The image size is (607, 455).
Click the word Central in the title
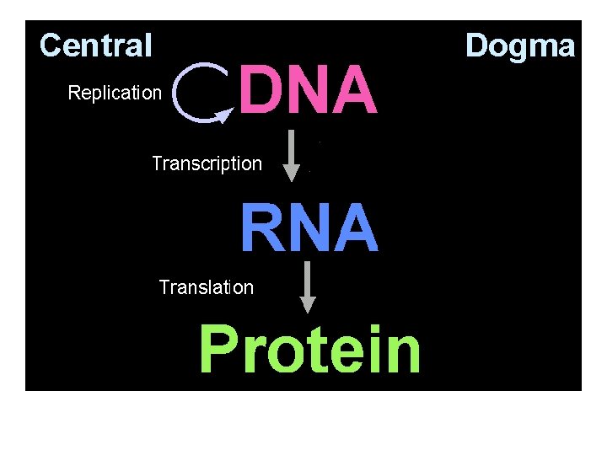pyautogui.click(x=95, y=45)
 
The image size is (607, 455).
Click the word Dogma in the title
pyautogui.click(x=520, y=45)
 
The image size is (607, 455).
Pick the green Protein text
pyautogui.click(x=309, y=350)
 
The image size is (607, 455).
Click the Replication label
pyautogui.click(x=114, y=93)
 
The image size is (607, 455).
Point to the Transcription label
pyautogui.click(x=207, y=163)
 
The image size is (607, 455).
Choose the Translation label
pyautogui.click(x=206, y=288)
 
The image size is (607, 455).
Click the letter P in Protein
pyautogui.click(x=220, y=350)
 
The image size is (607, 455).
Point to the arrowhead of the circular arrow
pyautogui.click(x=223, y=115)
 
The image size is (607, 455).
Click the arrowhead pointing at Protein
pyautogui.click(x=308, y=304)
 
